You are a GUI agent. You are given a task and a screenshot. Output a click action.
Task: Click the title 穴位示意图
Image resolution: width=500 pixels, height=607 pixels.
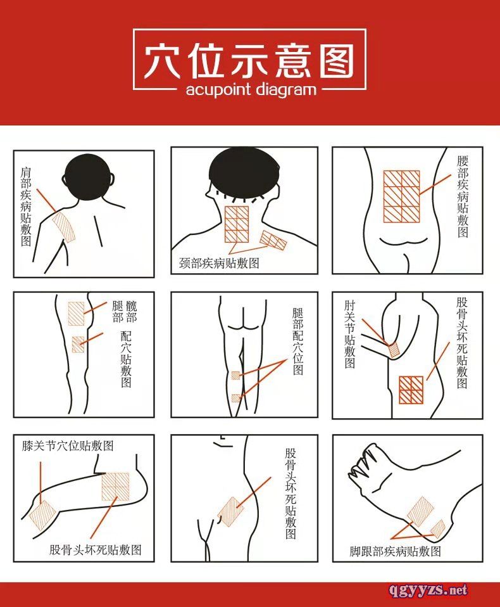point(249,61)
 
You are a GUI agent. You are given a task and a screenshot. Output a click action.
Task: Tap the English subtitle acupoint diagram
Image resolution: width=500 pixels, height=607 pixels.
point(251,90)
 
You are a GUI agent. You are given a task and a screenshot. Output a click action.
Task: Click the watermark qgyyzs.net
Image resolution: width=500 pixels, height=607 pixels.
point(428,590)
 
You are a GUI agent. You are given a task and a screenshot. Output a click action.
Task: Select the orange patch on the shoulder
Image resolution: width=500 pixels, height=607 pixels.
point(63,227)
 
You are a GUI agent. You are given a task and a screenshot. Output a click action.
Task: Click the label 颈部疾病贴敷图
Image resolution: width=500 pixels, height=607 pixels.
point(219,263)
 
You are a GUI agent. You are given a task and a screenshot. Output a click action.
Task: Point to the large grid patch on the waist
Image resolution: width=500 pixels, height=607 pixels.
point(401,196)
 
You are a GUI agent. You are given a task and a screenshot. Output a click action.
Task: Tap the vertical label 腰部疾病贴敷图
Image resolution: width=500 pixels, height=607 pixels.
point(463,196)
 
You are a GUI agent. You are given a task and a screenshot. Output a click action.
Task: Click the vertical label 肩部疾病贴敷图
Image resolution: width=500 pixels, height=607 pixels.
point(26,207)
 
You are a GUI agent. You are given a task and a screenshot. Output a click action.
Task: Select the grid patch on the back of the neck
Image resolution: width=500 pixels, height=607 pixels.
point(237,224)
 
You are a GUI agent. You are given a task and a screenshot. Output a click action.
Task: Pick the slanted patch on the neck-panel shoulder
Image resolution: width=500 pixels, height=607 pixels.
point(273,240)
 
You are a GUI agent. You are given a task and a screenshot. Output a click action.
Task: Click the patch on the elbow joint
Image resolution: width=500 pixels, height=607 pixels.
point(394,350)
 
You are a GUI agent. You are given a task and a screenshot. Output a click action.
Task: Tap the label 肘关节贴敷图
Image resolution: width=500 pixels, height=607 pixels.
point(349,335)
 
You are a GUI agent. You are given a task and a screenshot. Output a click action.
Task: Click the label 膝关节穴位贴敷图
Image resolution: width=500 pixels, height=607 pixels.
point(68,446)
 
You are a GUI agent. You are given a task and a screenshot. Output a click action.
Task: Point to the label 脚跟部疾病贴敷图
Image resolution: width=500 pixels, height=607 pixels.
point(395,551)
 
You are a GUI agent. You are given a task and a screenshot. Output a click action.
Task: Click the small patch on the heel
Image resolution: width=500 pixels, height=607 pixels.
point(438,529)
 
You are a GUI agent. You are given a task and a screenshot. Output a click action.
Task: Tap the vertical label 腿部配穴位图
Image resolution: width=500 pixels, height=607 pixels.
point(297,342)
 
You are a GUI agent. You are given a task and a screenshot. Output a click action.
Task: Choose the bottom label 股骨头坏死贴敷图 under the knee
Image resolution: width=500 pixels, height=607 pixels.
point(95,550)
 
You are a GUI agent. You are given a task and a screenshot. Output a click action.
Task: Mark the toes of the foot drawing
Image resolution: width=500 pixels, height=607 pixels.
point(363,461)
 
